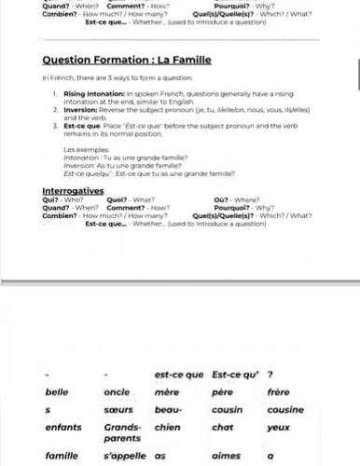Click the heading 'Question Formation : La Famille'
(127, 61)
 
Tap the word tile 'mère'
(167, 392)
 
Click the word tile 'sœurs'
(118, 410)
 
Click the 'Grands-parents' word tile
(122, 432)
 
